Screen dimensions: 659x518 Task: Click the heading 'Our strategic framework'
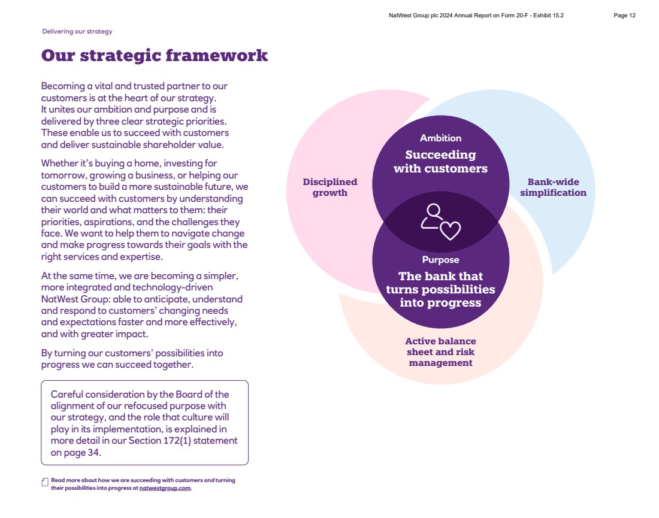coord(154,56)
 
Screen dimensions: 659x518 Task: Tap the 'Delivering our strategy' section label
coord(77,32)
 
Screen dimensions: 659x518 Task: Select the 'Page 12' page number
coord(624,16)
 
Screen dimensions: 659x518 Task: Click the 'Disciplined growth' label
coord(330,187)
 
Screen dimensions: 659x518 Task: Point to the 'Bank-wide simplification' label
coord(553,187)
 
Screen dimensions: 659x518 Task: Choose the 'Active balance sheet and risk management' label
coord(440,352)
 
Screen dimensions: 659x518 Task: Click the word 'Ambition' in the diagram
coord(440,138)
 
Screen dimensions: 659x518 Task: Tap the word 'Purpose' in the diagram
coord(440,260)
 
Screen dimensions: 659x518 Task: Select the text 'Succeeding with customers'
coord(440,162)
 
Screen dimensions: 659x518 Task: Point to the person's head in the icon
coord(433,210)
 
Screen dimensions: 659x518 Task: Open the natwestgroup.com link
coord(165,488)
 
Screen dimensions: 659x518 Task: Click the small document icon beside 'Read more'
coord(45,482)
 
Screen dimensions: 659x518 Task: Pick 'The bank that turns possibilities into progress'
coord(440,289)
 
